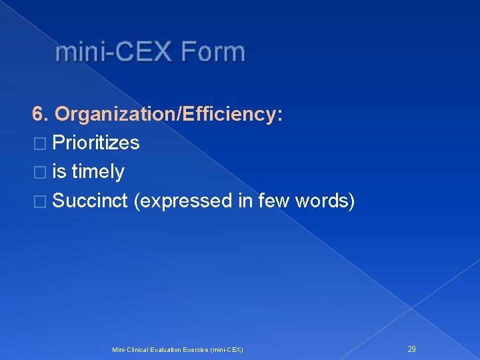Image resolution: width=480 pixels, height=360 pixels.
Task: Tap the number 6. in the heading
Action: (41, 114)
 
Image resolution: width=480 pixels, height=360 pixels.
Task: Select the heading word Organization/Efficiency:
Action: (169, 114)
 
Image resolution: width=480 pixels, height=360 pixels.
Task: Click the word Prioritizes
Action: (95, 143)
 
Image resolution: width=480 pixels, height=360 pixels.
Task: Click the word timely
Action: (98, 172)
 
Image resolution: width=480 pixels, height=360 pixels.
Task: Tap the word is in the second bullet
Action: (59, 172)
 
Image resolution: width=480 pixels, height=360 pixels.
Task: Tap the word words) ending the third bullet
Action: (327, 201)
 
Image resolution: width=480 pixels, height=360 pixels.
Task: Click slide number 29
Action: (412, 349)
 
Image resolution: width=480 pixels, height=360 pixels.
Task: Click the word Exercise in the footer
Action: (195, 349)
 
